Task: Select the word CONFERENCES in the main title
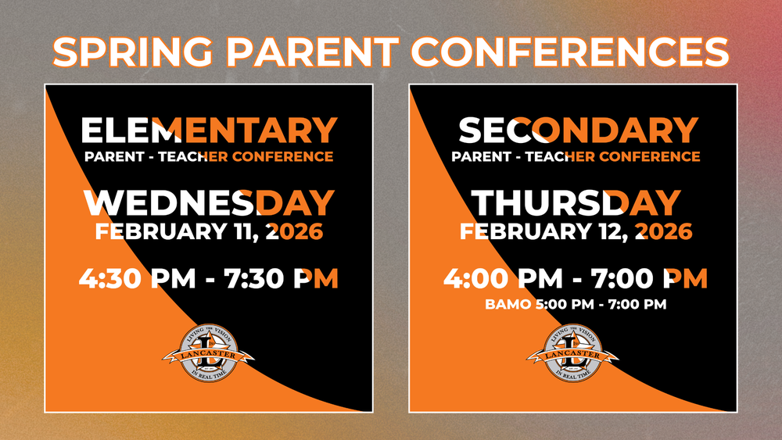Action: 570,51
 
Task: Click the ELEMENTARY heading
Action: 209,131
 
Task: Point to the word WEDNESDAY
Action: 209,203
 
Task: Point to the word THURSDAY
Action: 577,203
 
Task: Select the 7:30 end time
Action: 249,278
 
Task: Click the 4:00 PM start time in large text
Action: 503,278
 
